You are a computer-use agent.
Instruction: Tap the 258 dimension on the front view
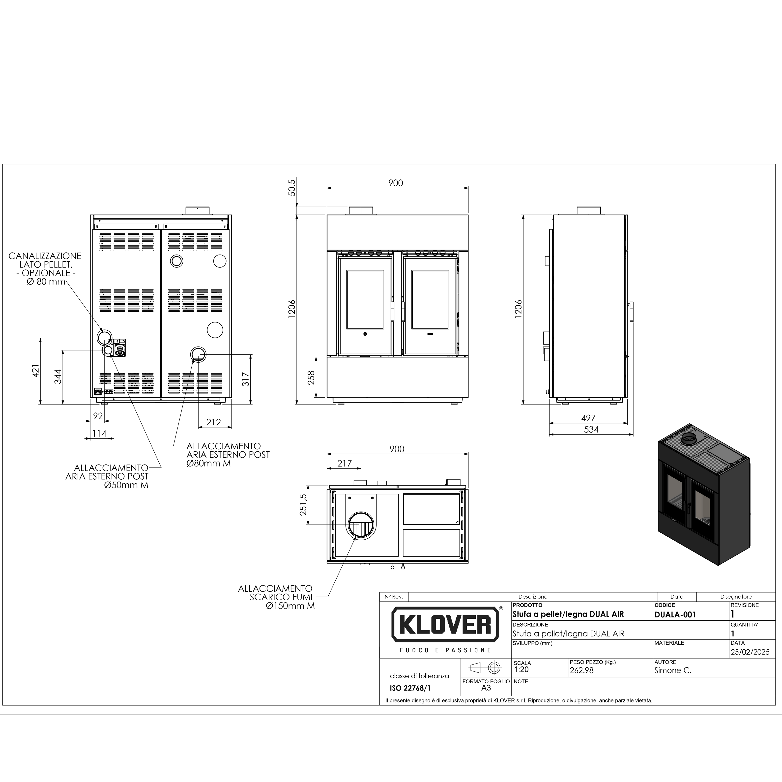point(311,378)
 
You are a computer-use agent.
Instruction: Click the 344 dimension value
point(58,377)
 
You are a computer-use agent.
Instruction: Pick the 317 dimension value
point(246,379)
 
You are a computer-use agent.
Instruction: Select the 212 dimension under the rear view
point(214,422)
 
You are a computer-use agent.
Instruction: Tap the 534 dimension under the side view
point(591,430)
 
